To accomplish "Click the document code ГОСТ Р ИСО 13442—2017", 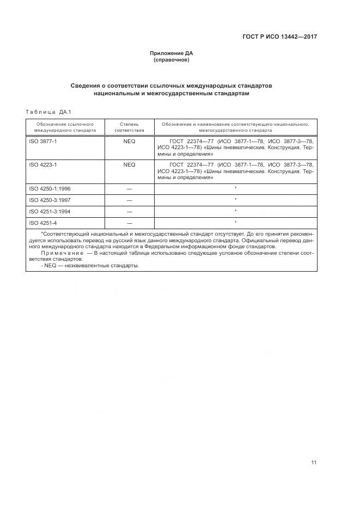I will (x=279, y=37).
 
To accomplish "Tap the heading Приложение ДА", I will (x=172, y=53).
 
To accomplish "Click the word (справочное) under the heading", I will (x=172, y=59).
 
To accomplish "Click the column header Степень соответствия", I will (x=129, y=127).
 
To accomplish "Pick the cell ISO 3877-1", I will (x=42, y=141).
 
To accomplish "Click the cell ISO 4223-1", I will (x=42, y=164).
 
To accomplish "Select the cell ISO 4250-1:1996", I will (x=49, y=188).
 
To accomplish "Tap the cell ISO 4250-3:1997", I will (x=49, y=200).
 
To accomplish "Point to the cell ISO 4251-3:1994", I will (x=49, y=211).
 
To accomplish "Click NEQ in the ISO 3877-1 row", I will (x=129, y=141).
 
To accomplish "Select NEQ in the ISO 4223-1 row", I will (x=129, y=164).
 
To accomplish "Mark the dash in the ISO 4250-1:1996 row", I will (x=129, y=188).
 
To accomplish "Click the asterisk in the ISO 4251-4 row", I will (x=235, y=222).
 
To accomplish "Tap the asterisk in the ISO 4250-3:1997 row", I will (x=235, y=199).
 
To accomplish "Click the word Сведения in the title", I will (x=87, y=86).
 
